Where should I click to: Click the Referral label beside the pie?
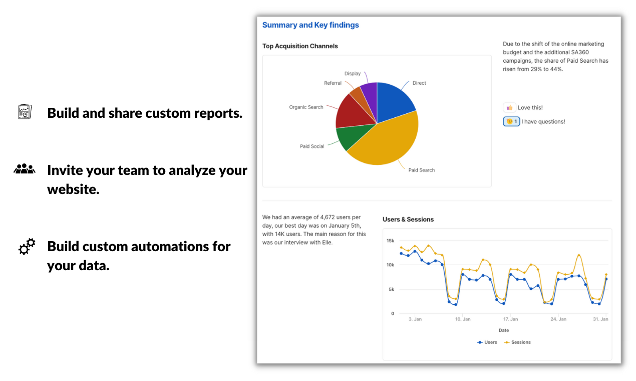(x=333, y=83)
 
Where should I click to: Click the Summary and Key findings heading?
(x=310, y=25)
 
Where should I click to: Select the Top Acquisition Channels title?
(x=300, y=46)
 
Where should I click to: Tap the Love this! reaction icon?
(x=509, y=107)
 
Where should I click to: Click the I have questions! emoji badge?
(x=511, y=121)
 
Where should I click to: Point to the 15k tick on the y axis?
(x=390, y=241)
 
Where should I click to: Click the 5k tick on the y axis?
(x=391, y=289)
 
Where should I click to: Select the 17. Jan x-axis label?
(x=510, y=319)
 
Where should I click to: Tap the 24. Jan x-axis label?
(x=558, y=319)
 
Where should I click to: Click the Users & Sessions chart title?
(x=408, y=219)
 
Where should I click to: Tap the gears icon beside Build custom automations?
(x=27, y=247)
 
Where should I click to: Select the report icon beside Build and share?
(x=25, y=112)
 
